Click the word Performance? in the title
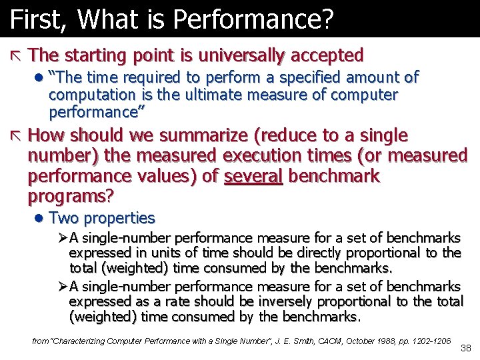click(x=259, y=19)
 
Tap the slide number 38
click(x=465, y=348)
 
